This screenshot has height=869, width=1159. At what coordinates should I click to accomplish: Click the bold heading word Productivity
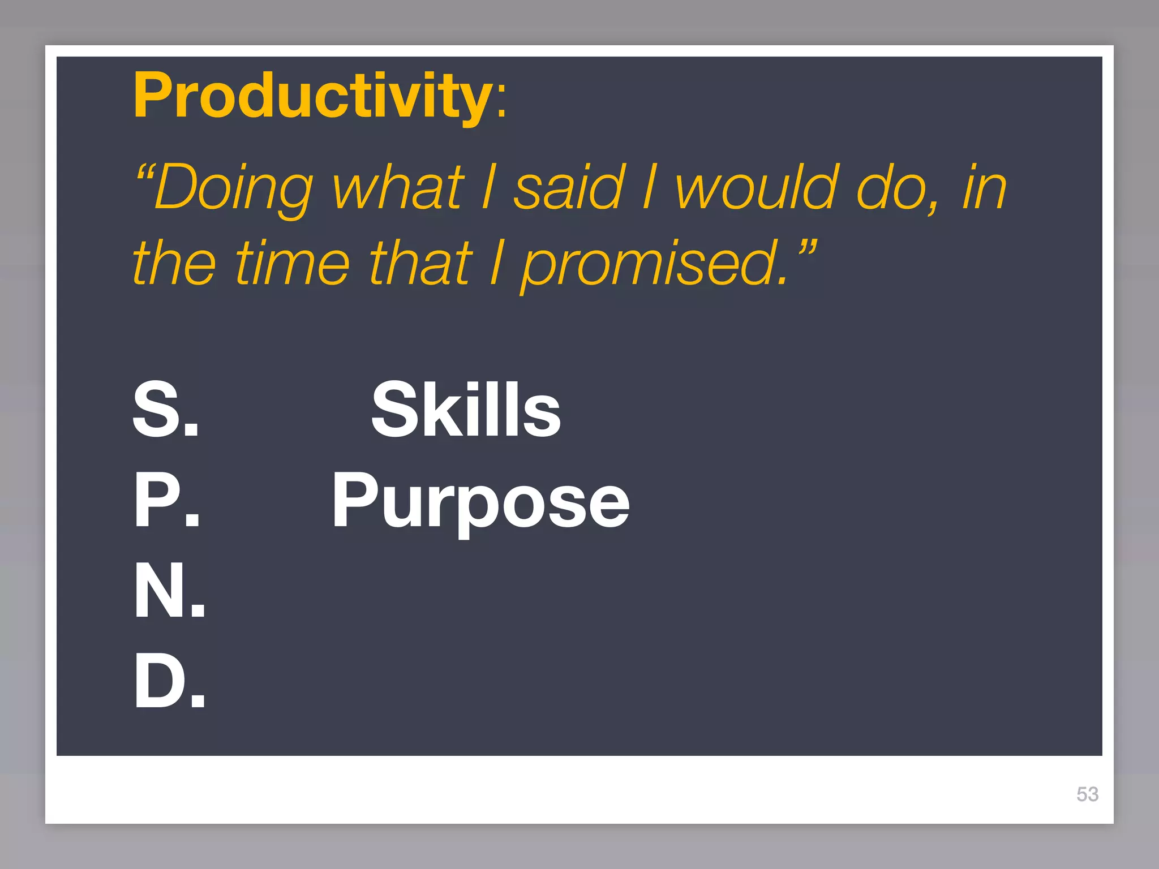(x=312, y=96)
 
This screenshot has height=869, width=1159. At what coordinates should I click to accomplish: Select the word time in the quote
(x=293, y=263)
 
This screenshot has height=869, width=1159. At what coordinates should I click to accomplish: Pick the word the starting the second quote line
(x=174, y=263)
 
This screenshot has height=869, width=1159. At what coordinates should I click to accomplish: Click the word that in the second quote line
(x=420, y=263)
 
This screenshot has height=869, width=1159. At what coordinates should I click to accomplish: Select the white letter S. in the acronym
(x=166, y=410)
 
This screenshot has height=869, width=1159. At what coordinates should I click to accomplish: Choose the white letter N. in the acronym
(x=169, y=591)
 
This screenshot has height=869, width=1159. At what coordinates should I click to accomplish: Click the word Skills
(x=466, y=410)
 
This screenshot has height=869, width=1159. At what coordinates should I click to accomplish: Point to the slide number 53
(x=1087, y=794)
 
